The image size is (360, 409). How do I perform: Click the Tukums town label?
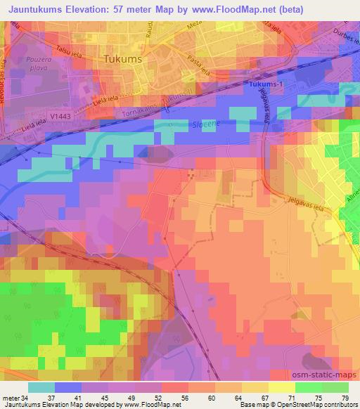(x=123, y=59)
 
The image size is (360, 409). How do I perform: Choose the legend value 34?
(x=18, y=397)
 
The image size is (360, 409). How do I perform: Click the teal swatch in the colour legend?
(x=41, y=387)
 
